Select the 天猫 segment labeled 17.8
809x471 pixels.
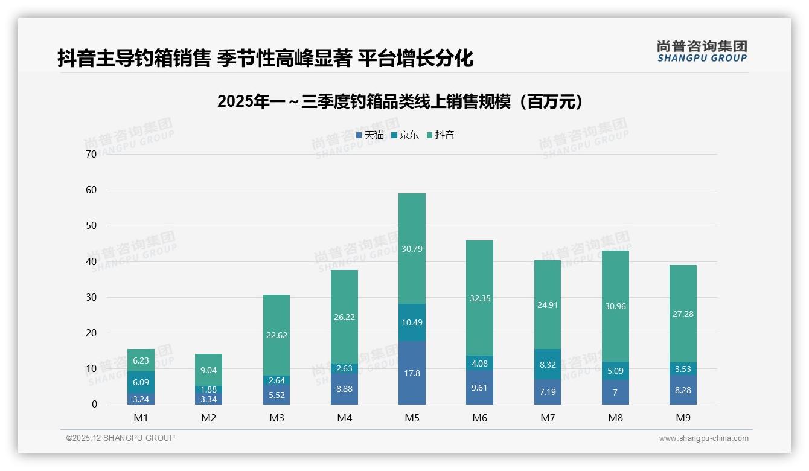tap(412, 373)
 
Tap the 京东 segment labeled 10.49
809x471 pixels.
tap(412, 322)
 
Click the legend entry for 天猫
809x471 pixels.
tap(370, 135)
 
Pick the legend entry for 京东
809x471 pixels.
tap(405, 135)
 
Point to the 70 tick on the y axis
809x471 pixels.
tap(91, 154)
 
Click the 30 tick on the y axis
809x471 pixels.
tap(91, 297)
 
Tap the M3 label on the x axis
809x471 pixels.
tap(277, 418)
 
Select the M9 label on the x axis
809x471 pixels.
tap(683, 418)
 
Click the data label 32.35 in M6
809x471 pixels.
tap(480, 298)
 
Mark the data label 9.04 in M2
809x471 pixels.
tap(209, 370)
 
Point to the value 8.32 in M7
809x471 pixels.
tap(548, 365)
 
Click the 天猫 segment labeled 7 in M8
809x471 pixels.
tap(615, 392)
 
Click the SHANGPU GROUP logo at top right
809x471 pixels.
tap(702, 51)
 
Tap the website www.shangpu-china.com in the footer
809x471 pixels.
tap(703, 438)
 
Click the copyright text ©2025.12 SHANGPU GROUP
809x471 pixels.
tap(121, 438)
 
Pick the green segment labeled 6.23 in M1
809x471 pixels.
tap(141, 360)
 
